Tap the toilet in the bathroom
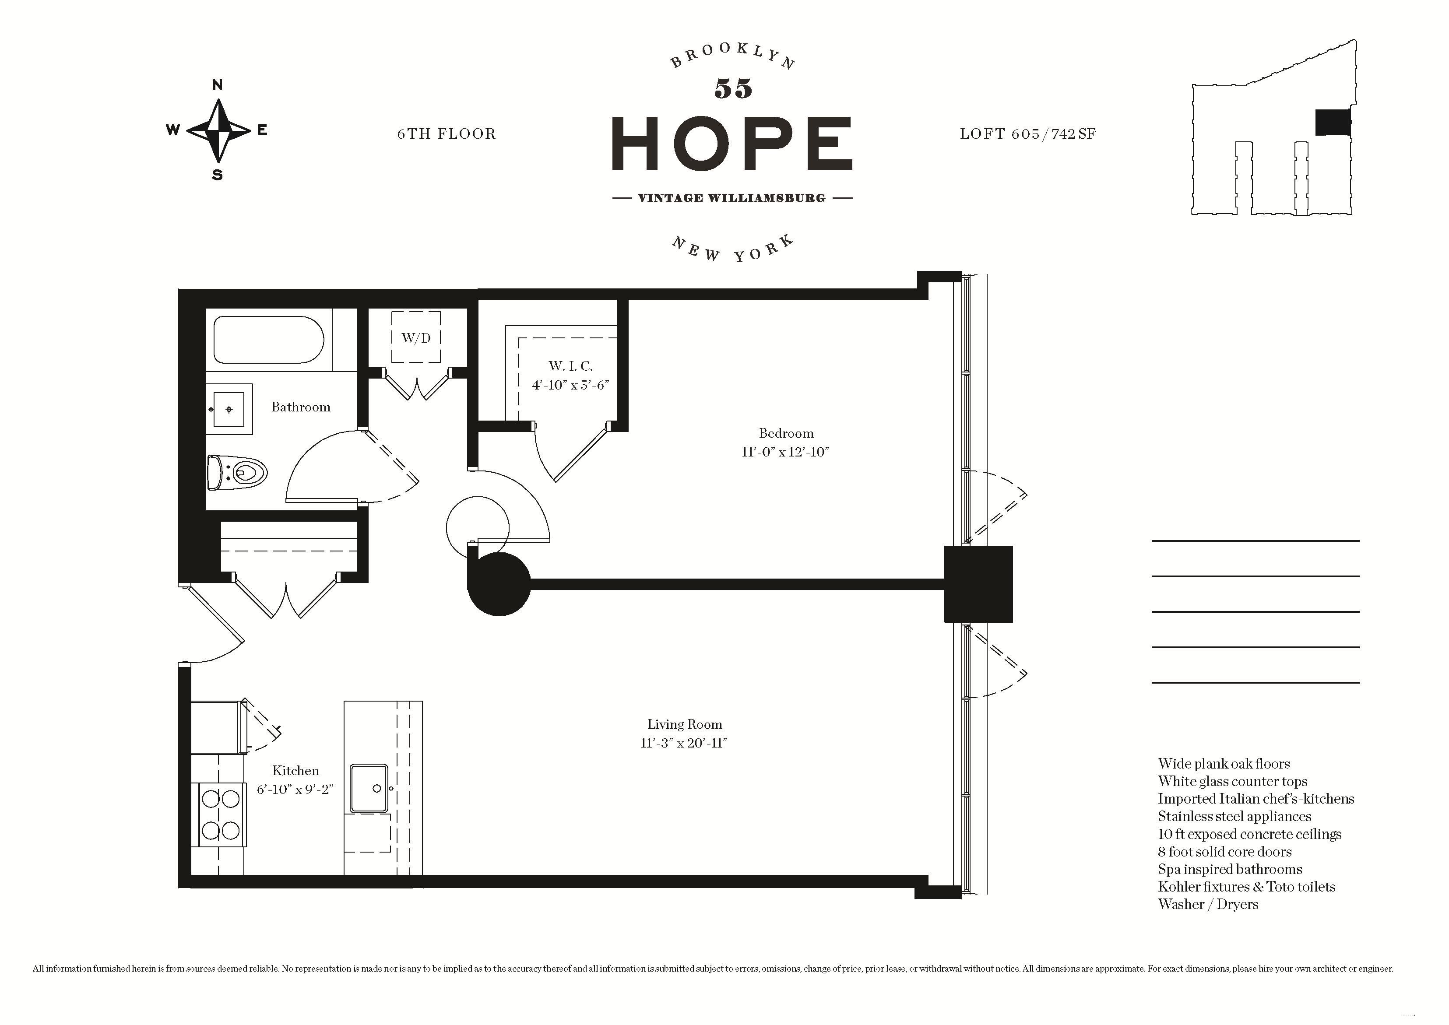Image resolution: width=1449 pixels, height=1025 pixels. point(237,472)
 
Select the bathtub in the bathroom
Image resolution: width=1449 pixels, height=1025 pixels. point(269,340)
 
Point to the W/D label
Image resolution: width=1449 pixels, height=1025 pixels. point(416,338)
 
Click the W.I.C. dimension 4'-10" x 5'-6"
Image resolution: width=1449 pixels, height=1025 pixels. point(570,384)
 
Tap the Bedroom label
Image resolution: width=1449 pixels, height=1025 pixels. point(786,433)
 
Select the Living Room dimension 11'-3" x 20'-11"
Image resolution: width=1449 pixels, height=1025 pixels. point(684,743)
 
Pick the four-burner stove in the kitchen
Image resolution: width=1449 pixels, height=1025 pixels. point(222,814)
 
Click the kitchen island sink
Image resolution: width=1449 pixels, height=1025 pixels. point(369,788)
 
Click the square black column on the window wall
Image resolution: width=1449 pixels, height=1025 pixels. point(978,584)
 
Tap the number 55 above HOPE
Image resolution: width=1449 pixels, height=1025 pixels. point(733,89)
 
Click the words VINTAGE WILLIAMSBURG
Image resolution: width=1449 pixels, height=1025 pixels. point(732,197)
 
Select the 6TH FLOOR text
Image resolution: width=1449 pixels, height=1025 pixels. point(447,134)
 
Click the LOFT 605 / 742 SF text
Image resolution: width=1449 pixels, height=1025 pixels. point(1027,134)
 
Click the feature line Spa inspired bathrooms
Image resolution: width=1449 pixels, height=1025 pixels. point(1229,869)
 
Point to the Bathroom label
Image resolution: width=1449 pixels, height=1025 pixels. point(301,407)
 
